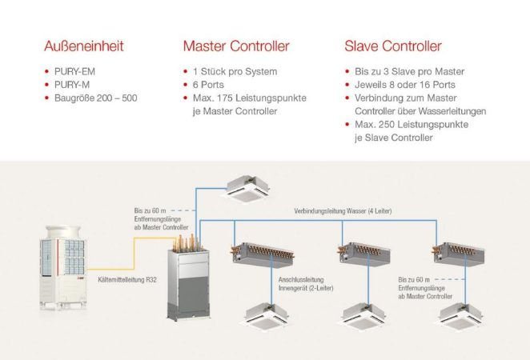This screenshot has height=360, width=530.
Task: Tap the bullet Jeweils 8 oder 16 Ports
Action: click(405, 85)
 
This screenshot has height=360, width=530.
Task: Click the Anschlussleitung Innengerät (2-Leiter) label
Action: click(302, 285)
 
